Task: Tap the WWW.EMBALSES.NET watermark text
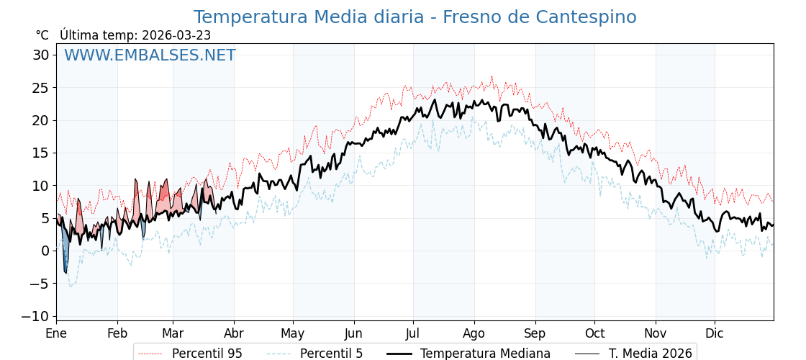coord(150,55)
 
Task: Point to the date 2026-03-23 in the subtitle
coord(176,35)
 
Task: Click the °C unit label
coord(42,35)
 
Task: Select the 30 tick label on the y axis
coord(41,55)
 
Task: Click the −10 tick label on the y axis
coord(36,316)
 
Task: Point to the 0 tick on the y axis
coord(45,251)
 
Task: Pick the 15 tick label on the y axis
coord(41,153)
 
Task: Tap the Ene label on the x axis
coord(56,333)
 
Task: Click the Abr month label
coord(234,333)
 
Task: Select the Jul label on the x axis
coord(413,333)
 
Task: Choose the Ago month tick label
coord(474,333)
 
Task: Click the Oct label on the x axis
coord(594,333)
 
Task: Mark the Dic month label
coord(715,333)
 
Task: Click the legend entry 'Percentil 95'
coord(207,354)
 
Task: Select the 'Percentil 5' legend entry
coord(331,354)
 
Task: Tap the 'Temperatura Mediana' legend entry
coord(485,354)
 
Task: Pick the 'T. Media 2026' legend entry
coord(650,354)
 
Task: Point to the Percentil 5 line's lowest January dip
coord(70,287)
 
